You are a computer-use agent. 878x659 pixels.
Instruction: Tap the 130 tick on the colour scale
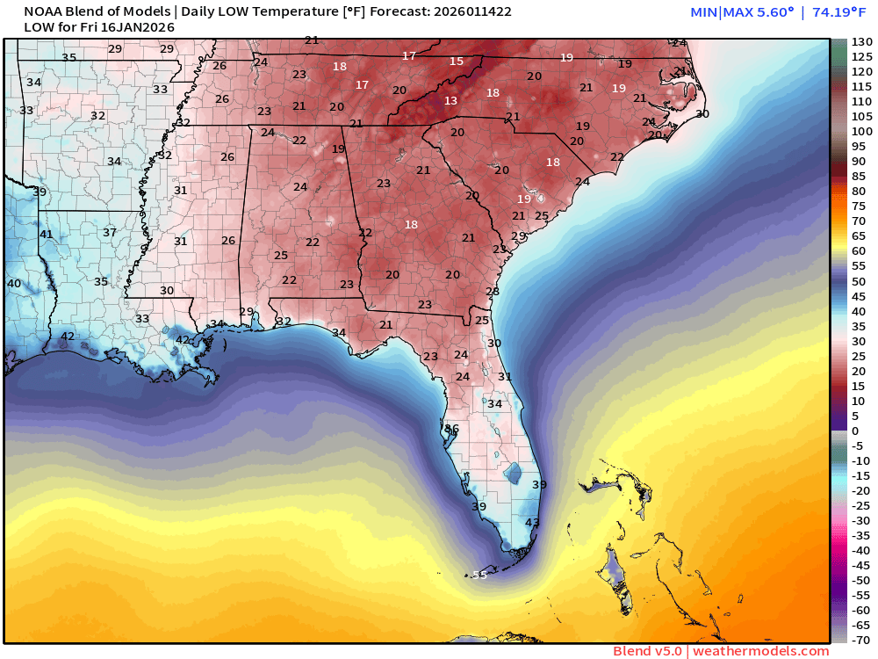click(x=860, y=41)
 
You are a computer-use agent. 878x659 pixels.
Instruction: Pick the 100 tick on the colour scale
click(x=860, y=131)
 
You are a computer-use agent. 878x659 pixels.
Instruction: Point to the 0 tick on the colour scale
click(x=855, y=431)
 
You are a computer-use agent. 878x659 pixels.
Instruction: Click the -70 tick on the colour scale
click(x=860, y=640)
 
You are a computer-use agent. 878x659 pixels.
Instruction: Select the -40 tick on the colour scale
click(x=860, y=550)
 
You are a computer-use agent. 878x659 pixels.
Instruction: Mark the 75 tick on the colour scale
click(x=860, y=206)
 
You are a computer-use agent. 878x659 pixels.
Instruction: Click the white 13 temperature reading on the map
click(x=450, y=101)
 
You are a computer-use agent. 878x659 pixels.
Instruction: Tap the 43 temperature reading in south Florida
click(x=532, y=523)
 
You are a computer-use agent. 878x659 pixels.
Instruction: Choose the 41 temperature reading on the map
click(x=46, y=235)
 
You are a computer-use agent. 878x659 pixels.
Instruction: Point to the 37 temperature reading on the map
click(x=110, y=233)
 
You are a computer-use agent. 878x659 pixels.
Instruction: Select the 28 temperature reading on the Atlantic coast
click(x=493, y=292)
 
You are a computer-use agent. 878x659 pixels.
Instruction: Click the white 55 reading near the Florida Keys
click(x=479, y=576)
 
